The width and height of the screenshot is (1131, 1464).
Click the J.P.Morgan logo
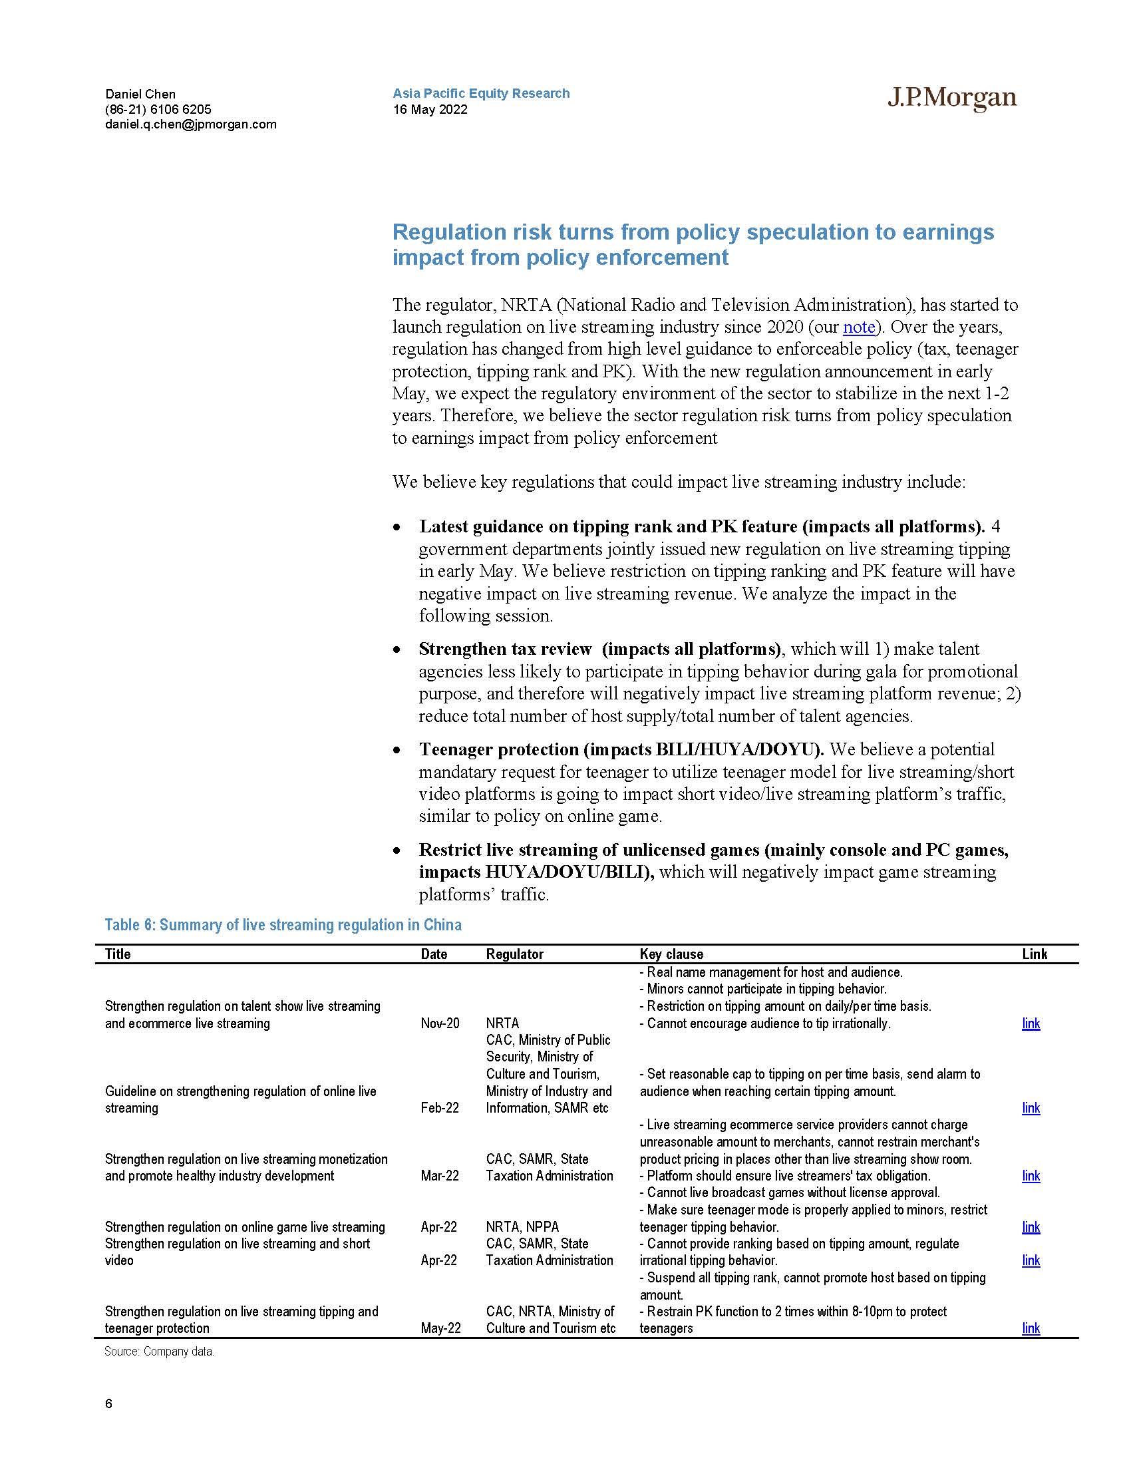point(951,98)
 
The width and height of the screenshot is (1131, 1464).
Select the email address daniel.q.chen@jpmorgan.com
point(190,124)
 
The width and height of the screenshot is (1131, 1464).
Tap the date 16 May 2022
point(430,109)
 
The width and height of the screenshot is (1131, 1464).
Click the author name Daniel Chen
point(140,94)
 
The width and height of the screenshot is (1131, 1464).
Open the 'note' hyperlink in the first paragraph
point(859,327)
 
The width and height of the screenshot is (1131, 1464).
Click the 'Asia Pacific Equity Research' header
point(481,93)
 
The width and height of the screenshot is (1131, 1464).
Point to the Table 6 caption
point(283,925)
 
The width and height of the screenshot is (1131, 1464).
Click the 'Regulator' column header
point(514,954)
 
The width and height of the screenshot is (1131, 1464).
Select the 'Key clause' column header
point(671,954)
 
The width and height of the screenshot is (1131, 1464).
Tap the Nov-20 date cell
point(440,1023)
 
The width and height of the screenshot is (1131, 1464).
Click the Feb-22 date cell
point(440,1107)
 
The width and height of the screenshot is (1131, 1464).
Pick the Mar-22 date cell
point(440,1175)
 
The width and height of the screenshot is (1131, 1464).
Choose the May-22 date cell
point(440,1328)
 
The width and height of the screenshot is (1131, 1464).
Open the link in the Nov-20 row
point(1031,1023)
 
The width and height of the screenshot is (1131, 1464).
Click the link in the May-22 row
point(1031,1328)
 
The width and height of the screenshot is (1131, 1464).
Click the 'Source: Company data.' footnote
point(159,1352)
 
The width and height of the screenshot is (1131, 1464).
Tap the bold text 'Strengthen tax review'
point(505,649)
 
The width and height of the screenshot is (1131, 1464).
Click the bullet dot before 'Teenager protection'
point(397,750)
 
